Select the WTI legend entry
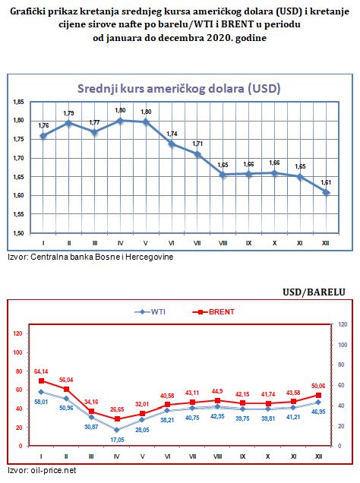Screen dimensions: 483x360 click(x=153, y=311)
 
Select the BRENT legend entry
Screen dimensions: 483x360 click(x=216, y=311)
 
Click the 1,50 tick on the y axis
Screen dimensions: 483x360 click(x=18, y=233)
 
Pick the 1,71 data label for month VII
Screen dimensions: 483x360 click(x=197, y=144)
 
